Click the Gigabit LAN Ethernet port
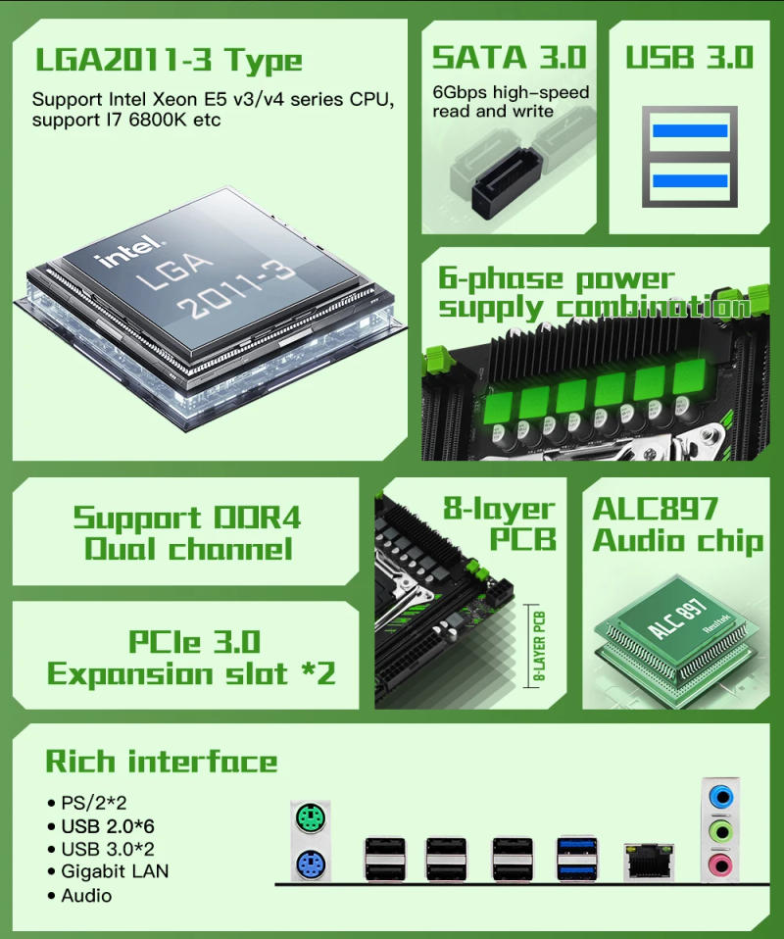[649, 859]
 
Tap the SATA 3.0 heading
[509, 57]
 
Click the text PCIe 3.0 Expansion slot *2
[192, 658]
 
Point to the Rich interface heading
[162, 762]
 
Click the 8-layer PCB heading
[500, 523]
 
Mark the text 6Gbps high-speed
[511, 93]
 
